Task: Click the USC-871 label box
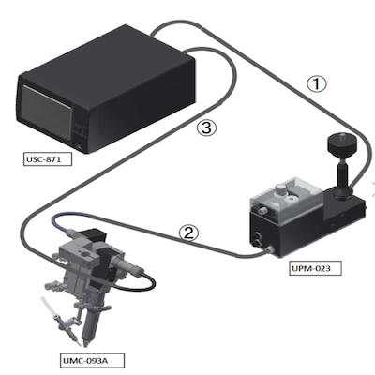(48, 159)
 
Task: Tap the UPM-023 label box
(315, 269)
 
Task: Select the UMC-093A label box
(92, 360)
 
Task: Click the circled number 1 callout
(317, 83)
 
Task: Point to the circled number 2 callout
(188, 233)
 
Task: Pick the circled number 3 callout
(206, 128)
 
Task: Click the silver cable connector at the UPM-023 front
(268, 250)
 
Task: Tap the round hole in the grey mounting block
(84, 254)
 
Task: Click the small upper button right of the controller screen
(80, 128)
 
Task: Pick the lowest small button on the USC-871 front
(78, 144)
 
